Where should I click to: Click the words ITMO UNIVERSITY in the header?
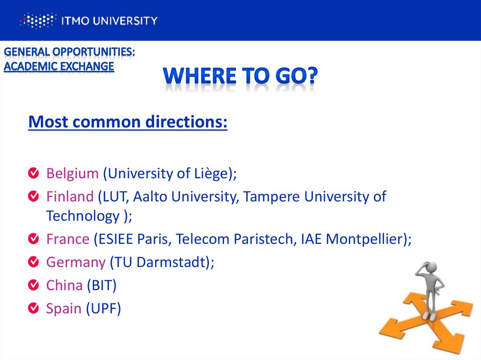(x=109, y=21)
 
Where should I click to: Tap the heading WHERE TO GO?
(x=240, y=77)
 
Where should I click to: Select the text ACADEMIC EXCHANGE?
(x=59, y=67)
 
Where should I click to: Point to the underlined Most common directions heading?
(x=128, y=122)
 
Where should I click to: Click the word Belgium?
(x=72, y=174)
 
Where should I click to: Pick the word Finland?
(x=70, y=196)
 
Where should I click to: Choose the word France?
(x=68, y=239)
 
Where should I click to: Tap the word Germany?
(x=76, y=262)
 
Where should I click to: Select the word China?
(x=64, y=285)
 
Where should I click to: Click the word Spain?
(x=64, y=308)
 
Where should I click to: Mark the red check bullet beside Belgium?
(x=33, y=174)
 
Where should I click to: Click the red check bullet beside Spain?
(x=33, y=308)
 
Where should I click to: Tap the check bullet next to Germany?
(x=33, y=262)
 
